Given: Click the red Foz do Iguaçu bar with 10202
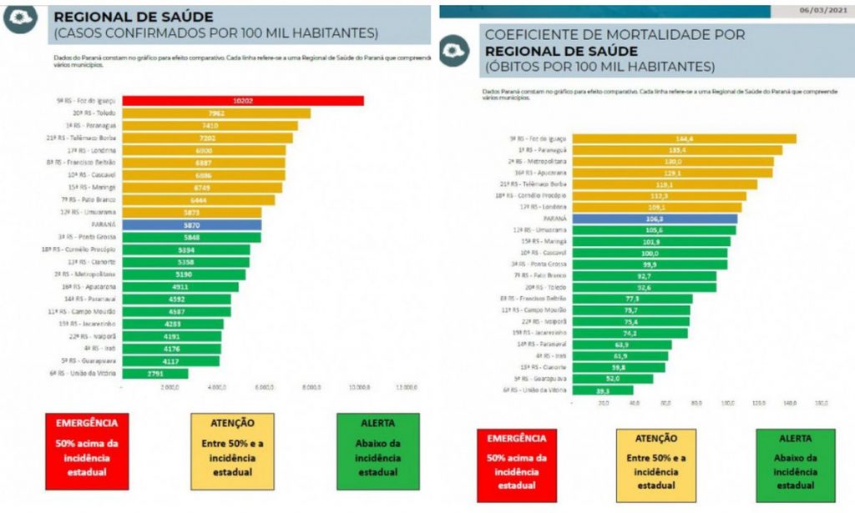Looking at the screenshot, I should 242,100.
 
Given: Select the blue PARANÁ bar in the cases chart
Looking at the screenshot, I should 191,224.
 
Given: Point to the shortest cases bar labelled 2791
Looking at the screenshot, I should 155,373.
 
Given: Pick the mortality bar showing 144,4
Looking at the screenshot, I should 685,138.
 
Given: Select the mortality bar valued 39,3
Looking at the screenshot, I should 602,390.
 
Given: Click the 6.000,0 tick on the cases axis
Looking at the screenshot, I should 265,388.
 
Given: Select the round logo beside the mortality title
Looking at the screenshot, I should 456,50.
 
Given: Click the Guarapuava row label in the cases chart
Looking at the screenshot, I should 94,360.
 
